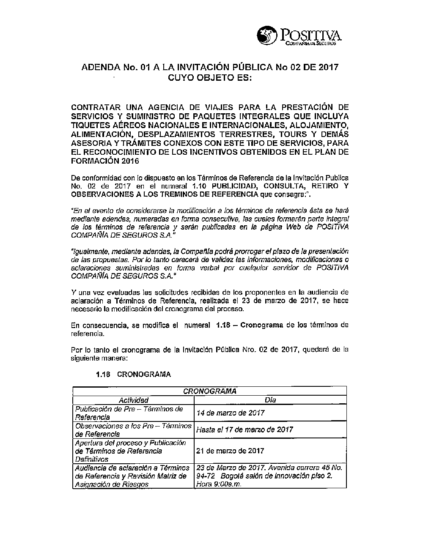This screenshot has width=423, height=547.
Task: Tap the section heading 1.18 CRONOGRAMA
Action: click(x=133, y=375)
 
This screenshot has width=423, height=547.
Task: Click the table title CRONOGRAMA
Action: click(x=209, y=391)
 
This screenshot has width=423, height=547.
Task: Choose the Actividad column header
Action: click(x=133, y=400)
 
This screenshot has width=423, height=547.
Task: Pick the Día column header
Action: click(x=270, y=400)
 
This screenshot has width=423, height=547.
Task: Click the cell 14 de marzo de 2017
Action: click(x=231, y=413)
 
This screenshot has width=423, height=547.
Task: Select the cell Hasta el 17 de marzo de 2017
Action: click(x=244, y=429)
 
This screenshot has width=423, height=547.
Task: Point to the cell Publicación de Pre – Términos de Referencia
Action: click(x=129, y=413)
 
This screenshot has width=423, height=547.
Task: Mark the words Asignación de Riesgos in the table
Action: click(x=112, y=484)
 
